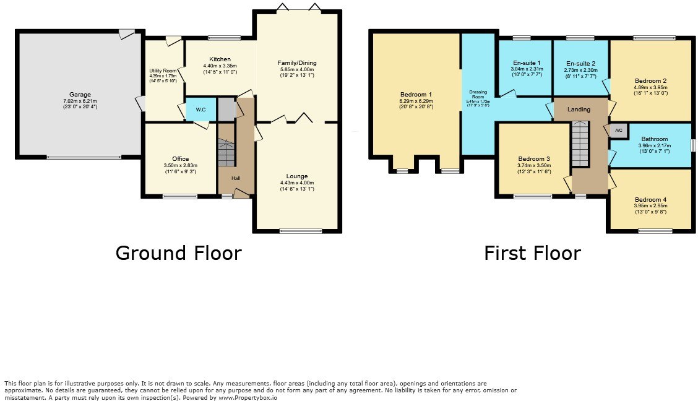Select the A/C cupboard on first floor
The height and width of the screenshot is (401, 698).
click(x=619, y=131)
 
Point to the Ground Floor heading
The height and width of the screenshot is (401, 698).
click(x=178, y=253)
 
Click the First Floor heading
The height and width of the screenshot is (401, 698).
click(x=532, y=253)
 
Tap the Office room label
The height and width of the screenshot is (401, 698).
click(x=181, y=159)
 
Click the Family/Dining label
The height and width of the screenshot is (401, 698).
click(x=297, y=63)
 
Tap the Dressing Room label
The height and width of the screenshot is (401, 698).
click(x=478, y=95)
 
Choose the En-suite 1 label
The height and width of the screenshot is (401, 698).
click(x=526, y=63)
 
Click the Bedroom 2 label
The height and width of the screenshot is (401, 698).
click(x=650, y=81)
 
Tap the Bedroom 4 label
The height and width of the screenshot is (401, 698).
click(x=650, y=199)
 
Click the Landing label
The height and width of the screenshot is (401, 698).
click(x=579, y=110)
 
